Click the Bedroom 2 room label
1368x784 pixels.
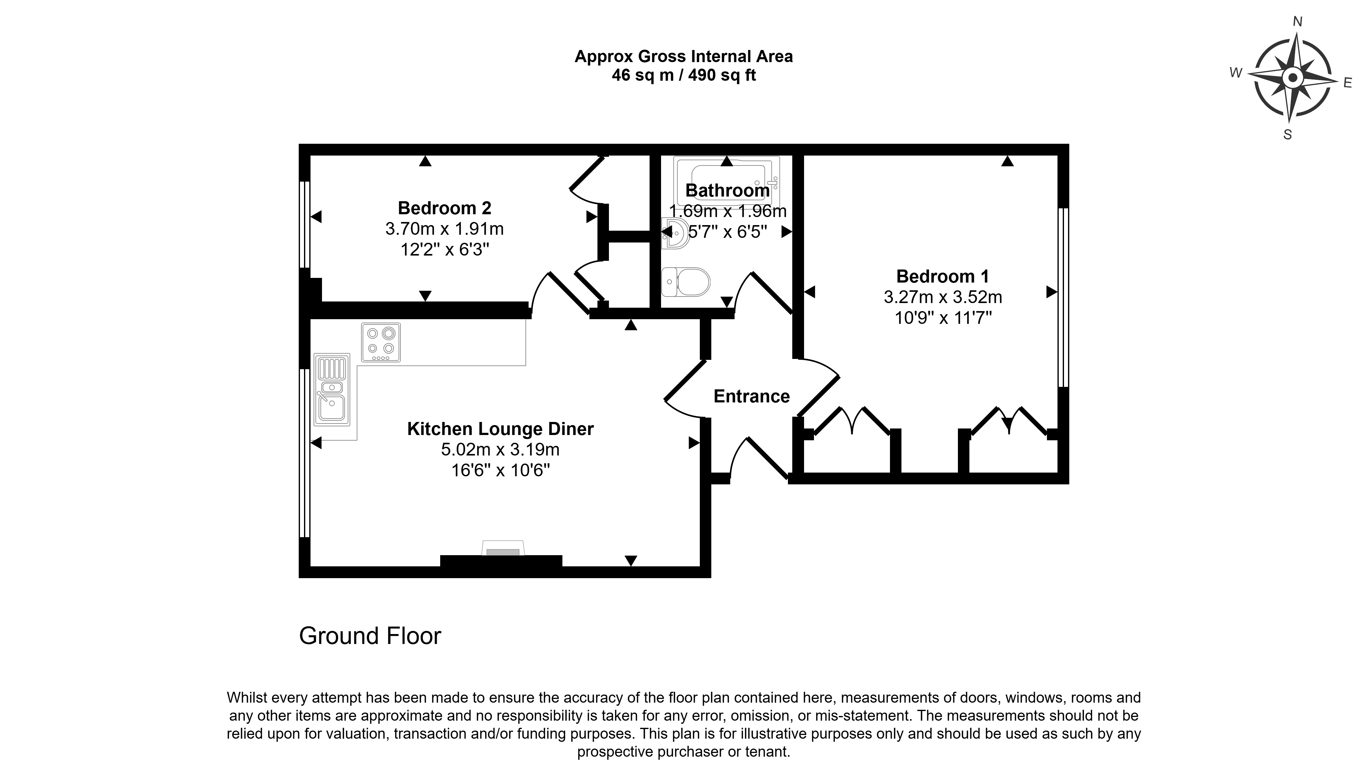coord(444,208)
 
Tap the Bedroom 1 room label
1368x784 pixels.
coord(942,276)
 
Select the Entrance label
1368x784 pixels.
coord(752,396)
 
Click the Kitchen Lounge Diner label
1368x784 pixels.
coord(500,428)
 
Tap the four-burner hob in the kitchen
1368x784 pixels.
coord(381,342)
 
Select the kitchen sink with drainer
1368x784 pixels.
coord(332,388)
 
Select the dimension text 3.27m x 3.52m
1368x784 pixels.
coord(942,297)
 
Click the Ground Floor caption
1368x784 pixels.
coord(370,636)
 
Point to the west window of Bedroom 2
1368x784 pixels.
coord(305,224)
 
